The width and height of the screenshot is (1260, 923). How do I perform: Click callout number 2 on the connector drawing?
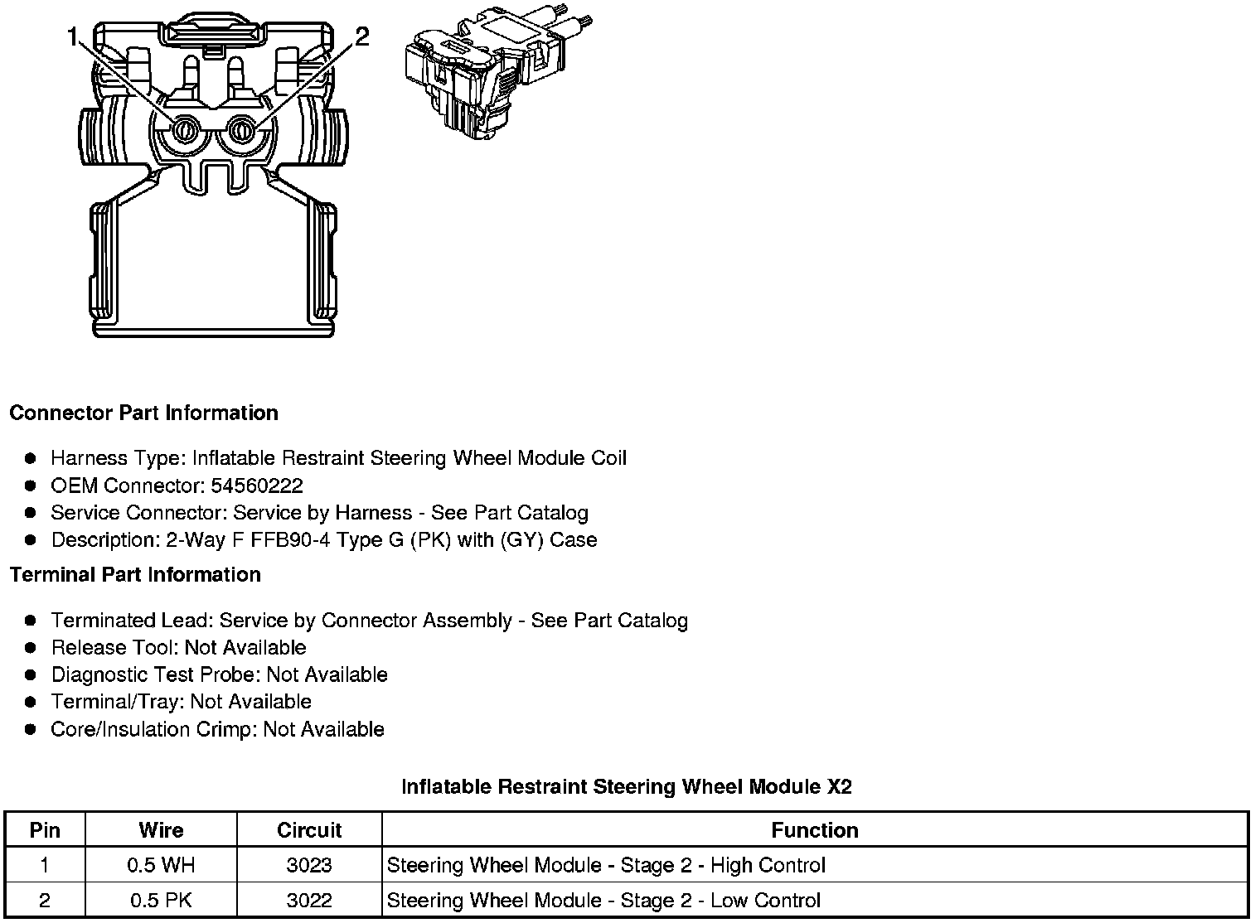[362, 36]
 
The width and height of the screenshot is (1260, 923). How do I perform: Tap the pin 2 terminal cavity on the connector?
[242, 130]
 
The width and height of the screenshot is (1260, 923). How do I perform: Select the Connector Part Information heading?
[143, 413]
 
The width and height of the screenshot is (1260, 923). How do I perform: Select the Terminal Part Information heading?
[135, 574]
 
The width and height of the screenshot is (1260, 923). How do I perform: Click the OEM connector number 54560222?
[257, 486]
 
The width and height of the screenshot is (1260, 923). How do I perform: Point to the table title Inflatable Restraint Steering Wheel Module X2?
[626, 786]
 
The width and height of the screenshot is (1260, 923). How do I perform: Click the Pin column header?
[45, 830]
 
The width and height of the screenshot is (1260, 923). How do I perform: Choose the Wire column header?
[161, 830]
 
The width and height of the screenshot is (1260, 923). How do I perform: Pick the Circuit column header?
[309, 830]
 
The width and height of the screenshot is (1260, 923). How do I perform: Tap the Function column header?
[814, 830]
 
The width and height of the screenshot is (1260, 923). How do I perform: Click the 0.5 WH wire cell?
[161, 866]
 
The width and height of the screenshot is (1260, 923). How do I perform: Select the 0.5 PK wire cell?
[161, 901]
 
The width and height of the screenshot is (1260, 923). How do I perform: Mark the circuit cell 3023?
[309, 866]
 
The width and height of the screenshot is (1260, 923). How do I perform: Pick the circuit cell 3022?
[309, 901]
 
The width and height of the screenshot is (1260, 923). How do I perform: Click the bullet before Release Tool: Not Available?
[31, 648]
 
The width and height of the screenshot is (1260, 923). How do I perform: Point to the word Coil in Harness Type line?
[608, 458]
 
